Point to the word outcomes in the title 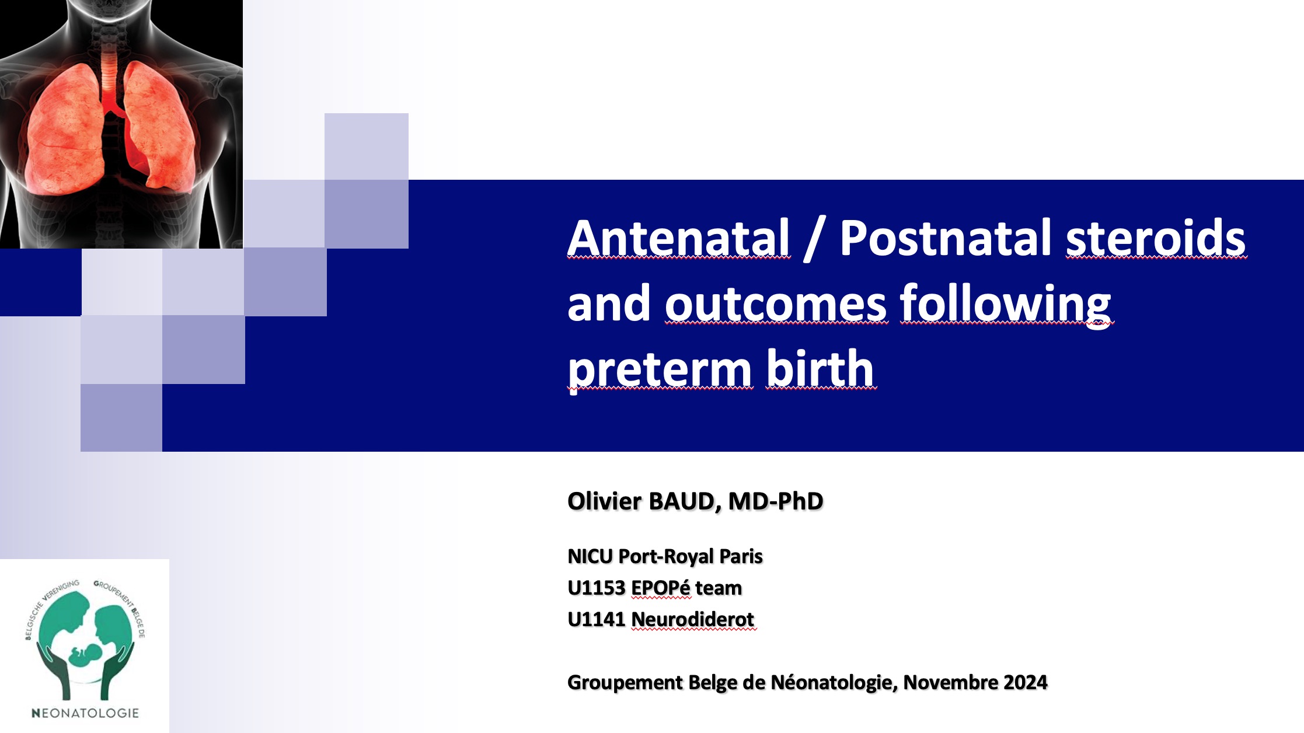776,304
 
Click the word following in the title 1006,304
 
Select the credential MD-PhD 776,501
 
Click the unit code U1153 596,588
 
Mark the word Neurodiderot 693,619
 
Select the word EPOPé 661,588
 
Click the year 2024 1026,682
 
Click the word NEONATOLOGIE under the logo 85,713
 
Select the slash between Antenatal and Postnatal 814,239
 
